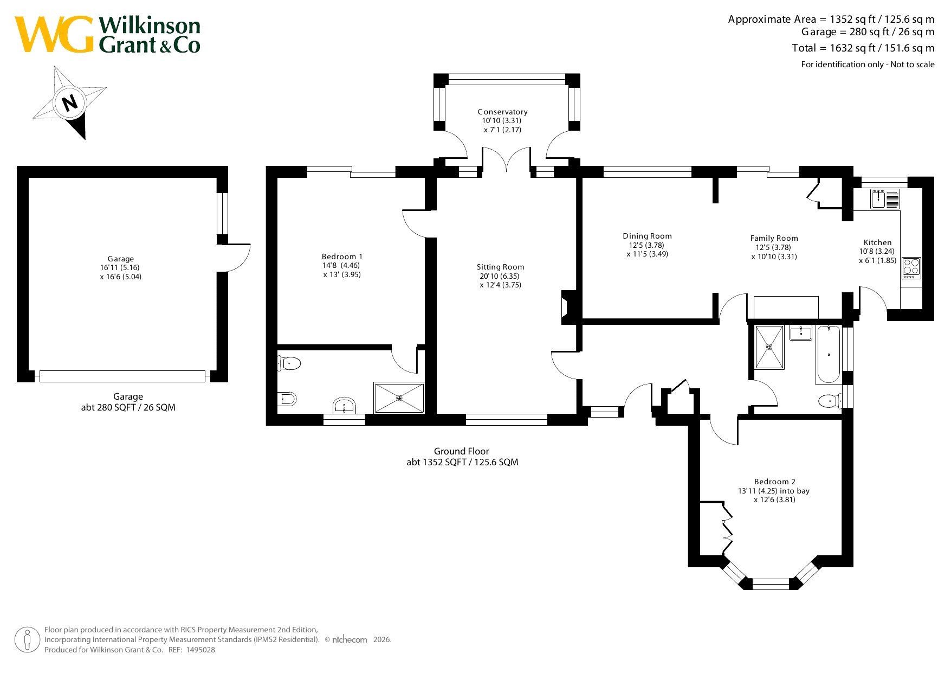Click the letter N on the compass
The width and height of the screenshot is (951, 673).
pyautogui.click(x=70, y=102)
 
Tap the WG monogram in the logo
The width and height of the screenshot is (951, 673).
pyautogui.click(x=54, y=34)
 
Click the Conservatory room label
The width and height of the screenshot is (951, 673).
pyautogui.click(x=502, y=112)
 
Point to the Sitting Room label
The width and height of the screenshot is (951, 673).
pyautogui.click(x=500, y=267)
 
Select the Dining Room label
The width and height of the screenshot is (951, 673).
pyautogui.click(x=647, y=236)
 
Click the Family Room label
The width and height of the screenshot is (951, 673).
pyautogui.click(x=774, y=238)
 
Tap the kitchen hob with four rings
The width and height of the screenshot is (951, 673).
pyautogui.click(x=911, y=268)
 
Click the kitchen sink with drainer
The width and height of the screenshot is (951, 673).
pyautogui.click(x=885, y=198)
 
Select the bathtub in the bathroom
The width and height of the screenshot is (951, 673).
pyautogui.click(x=828, y=354)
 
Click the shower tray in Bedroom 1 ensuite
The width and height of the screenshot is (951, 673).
pyautogui.click(x=399, y=398)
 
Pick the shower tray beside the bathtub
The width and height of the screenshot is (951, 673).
pyautogui.click(x=769, y=347)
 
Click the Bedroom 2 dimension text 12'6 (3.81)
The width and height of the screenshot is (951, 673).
pyautogui.click(x=774, y=500)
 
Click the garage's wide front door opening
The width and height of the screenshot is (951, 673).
pyautogui.click(x=122, y=376)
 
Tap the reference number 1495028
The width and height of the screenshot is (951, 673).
pyautogui.click(x=200, y=650)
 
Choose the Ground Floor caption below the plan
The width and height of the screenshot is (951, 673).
pyautogui.click(x=462, y=451)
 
